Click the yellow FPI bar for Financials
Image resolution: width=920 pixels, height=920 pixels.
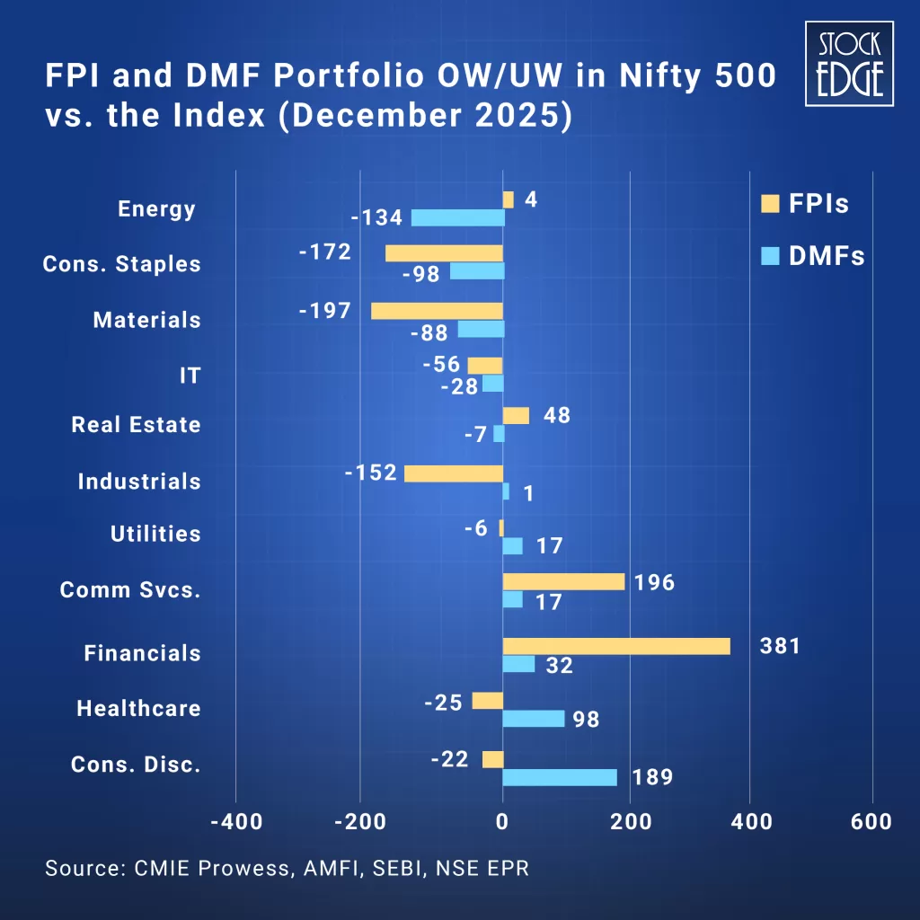click(616, 646)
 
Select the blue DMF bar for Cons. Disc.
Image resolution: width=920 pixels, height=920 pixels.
click(560, 777)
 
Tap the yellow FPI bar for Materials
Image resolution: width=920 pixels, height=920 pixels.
click(437, 311)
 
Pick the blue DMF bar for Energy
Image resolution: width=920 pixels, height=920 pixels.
click(458, 217)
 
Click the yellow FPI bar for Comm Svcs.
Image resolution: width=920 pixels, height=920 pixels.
click(563, 581)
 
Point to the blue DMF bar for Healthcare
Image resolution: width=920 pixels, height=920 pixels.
click(534, 719)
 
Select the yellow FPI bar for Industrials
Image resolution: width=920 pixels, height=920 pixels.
click(454, 473)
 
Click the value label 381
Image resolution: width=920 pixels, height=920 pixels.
click(779, 646)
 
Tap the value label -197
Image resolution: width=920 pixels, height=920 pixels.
click(324, 310)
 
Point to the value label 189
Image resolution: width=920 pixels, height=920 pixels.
click(652, 777)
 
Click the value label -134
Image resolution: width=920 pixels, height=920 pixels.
click(376, 218)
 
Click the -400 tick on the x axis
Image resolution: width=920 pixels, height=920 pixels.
click(236, 821)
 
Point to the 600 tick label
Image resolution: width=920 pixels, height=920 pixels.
click(871, 821)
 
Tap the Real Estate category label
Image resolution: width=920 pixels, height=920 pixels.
click(137, 425)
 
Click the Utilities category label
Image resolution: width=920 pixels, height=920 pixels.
click(155, 534)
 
